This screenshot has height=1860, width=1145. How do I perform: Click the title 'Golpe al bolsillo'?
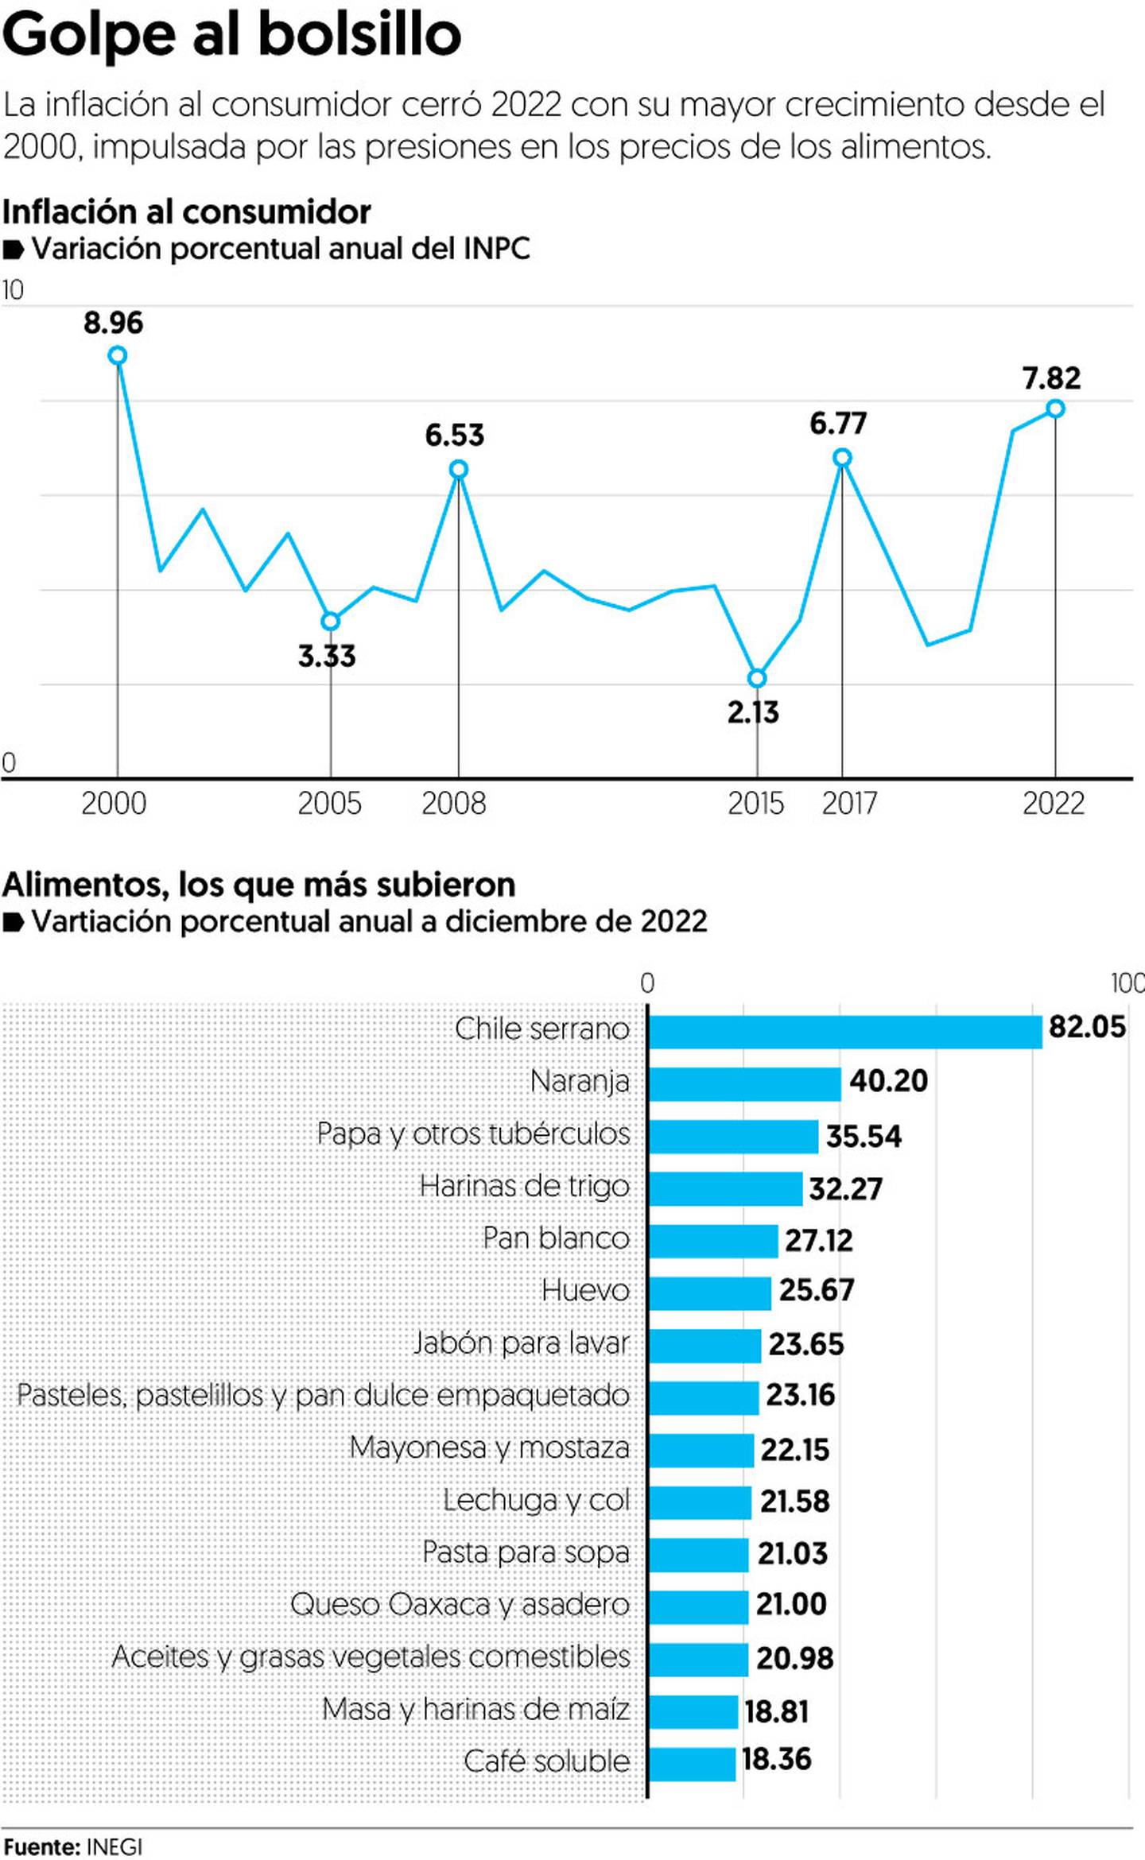pos(231,35)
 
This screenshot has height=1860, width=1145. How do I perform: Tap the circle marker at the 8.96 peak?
pos(117,355)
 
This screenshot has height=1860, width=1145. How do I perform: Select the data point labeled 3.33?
pos(330,621)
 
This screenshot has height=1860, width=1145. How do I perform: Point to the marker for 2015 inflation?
pos(757,678)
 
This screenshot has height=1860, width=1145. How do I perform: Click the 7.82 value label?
pos(1051,378)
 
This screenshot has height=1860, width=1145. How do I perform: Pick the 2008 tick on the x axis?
pos(453,804)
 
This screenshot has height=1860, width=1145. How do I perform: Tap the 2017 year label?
pos(849,804)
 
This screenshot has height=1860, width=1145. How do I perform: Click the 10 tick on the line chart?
pos(13,290)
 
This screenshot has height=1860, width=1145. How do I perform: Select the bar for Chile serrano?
pos(845,1032)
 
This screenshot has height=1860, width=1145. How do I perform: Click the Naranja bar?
pos(745,1084)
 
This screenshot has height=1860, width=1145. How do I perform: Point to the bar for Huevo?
pos(710,1293)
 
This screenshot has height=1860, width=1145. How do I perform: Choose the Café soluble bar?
pos(693,1764)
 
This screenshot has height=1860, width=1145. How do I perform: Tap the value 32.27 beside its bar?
pos(845,1188)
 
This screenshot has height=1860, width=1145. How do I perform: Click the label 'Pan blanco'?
pos(556,1238)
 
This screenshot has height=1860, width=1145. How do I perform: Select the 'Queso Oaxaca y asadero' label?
pos(460,1604)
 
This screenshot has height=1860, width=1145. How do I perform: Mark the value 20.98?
pos(794,1658)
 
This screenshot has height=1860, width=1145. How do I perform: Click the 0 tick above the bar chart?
pos(647,983)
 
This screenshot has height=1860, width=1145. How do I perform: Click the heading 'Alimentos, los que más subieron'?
pos(258,884)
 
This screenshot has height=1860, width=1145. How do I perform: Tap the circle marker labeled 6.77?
pos(842,458)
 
